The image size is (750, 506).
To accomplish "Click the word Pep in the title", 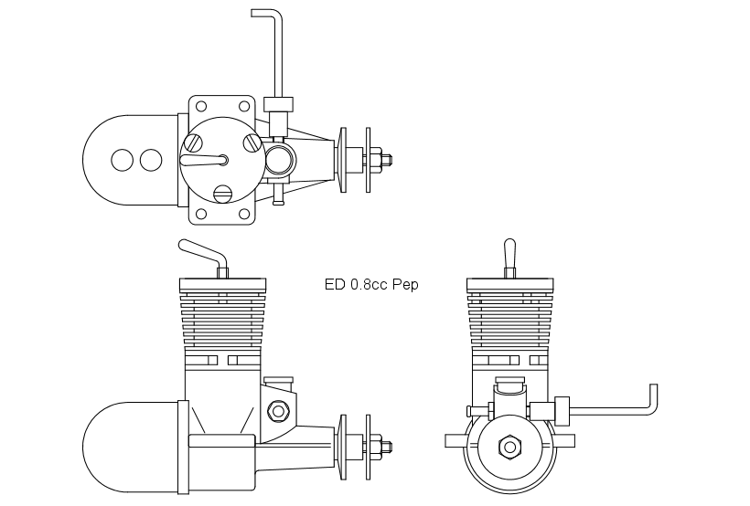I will pos(405,285).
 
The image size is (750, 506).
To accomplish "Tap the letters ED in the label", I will pos(335,285).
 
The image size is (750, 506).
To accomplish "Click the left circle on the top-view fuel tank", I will pos(122,160).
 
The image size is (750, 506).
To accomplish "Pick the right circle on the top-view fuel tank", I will pos(149,160).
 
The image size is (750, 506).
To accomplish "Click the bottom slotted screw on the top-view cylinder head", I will pos(222,193).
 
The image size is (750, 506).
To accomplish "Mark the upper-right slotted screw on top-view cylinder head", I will pos(252,142).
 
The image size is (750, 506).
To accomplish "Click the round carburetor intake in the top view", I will pos(280,160).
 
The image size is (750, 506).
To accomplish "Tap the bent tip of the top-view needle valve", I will pos(263,13).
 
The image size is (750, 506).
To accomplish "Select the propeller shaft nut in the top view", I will pos(384,160).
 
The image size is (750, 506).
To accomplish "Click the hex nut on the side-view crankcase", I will pos(277,411).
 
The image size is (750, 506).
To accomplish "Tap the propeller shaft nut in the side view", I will pos(384,447).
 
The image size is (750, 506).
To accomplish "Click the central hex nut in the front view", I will pos(509,447).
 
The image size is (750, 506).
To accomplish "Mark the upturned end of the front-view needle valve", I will pos(653,398).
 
